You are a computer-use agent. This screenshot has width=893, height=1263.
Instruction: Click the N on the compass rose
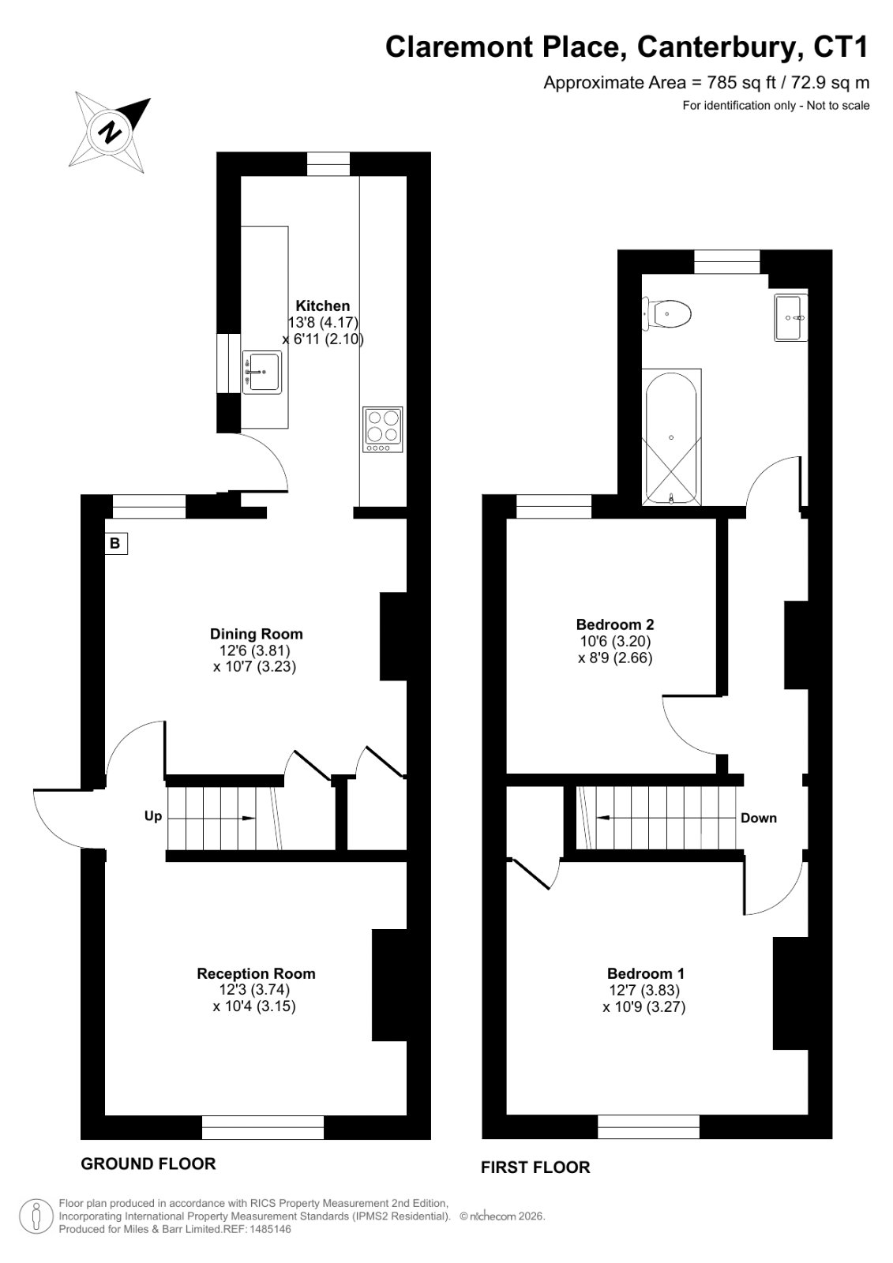tap(111, 132)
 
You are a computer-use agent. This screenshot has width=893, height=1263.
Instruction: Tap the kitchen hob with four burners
tap(383, 429)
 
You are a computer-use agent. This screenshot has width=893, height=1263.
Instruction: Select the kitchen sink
tap(262, 372)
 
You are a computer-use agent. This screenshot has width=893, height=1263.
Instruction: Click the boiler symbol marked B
tap(115, 544)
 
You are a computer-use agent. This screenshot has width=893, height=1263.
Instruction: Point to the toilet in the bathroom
tap(667, 313)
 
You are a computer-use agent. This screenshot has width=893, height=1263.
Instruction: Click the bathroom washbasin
tap(791, 317)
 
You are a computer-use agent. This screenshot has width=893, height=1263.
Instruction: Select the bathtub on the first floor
tap(671, 437)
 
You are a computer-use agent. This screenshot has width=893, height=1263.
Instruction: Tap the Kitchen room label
tap(323, 305)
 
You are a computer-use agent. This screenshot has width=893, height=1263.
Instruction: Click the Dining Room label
tap(256, 634)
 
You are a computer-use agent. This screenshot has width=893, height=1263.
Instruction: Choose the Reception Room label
tap(256, 974)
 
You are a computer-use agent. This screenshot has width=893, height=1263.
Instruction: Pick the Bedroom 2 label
tap(615, 624)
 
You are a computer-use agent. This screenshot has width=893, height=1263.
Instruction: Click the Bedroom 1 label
tap(646, 973)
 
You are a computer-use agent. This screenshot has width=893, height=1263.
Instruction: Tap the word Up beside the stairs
tap(153, 816)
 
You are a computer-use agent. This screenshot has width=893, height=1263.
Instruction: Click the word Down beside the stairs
tap(759, 818)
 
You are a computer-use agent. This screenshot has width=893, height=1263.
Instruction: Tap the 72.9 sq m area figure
tap(831, 83)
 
